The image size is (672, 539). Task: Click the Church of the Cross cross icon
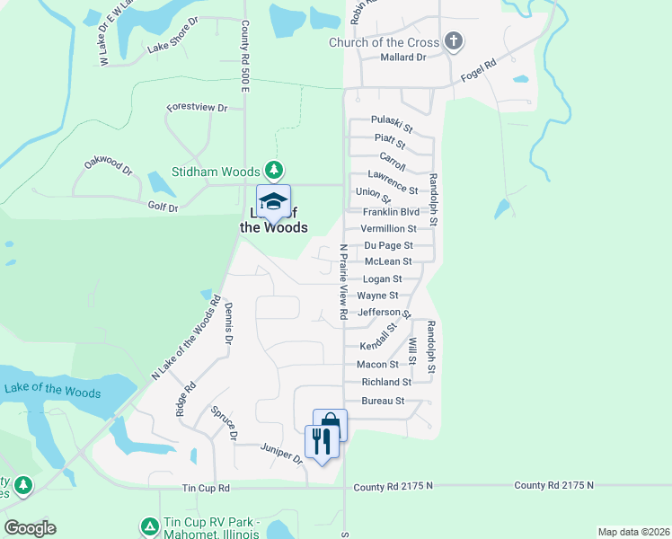click(454, 41)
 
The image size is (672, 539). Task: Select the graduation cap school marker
click(273, 202)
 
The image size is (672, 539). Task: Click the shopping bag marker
click(330, 424)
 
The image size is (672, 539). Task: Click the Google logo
click(30, 528)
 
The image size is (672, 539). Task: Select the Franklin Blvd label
click(391, 212)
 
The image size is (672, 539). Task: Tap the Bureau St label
click(383, 401)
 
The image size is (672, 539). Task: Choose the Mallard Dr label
click(402, 57)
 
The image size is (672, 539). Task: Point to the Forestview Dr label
click(197, 108)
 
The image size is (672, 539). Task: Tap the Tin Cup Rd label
click(206, 489)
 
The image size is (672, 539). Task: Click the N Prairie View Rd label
click(342, 283)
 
